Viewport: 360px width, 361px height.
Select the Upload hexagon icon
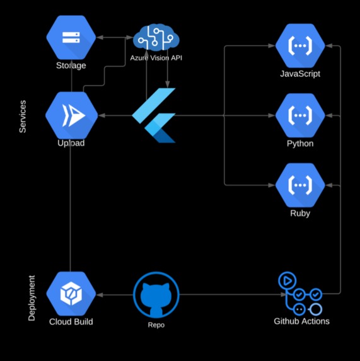[x=71, y=115]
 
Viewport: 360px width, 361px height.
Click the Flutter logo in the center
[x=155, y=115]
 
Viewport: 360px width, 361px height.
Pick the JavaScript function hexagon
[x=300, y=45]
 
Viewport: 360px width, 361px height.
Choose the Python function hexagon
[x=300, y=115]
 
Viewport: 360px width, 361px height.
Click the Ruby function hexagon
[x=300, y=185]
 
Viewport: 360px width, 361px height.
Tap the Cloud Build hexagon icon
[x=71, y=294]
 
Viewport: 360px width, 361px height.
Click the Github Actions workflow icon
[x=300, y=294]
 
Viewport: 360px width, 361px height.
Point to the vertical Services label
[x=23, y=116]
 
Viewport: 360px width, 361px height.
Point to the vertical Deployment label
[x=32, y=297]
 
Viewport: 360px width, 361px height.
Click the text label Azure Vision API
[x=156, y=58]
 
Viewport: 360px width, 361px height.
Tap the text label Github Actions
[x=301, y=321]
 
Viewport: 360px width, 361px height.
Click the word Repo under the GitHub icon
[x=156, y=325]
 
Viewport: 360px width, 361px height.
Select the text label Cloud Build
[x=71, y=322]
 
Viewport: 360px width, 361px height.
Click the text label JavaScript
[x=300, y=74]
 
